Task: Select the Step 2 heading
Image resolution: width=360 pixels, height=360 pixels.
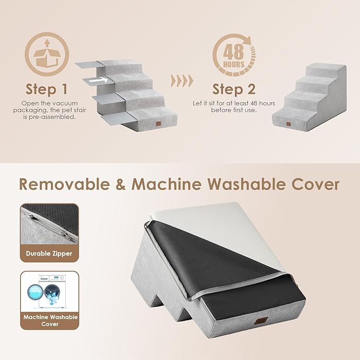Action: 234,88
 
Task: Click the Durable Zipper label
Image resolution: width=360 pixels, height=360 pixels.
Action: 49,253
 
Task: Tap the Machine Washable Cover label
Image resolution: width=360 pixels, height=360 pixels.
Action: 49,320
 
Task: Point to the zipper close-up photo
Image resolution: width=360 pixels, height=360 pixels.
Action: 49,223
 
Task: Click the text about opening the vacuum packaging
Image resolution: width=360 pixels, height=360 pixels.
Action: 48,110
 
